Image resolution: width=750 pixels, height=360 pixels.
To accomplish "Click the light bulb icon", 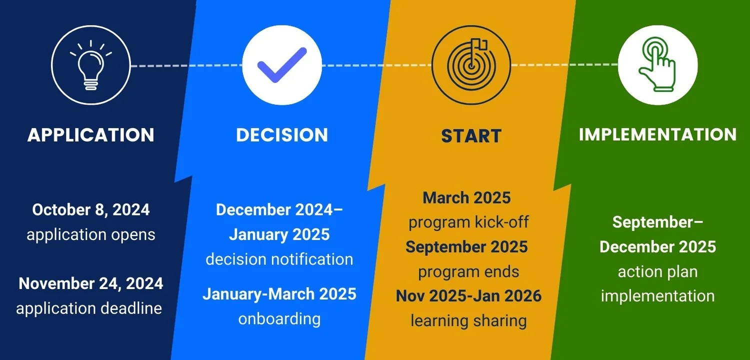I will (x=90, y=65).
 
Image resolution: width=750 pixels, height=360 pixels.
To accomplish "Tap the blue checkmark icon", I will (x=281, y=65).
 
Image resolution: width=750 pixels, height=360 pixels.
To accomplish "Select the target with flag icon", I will (x=471, y=65).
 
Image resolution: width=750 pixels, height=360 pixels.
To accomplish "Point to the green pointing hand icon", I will (x=657, y=65).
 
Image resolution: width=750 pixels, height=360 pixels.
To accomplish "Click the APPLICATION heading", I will (x=91, y=135).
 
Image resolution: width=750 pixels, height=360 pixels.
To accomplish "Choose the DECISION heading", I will (x=282, y=135).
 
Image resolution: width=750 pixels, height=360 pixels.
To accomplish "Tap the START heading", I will (x=471, y=136).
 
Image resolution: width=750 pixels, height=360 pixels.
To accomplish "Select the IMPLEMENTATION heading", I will (x=657, y=134).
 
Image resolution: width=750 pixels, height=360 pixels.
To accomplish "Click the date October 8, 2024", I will (x=91, y=210).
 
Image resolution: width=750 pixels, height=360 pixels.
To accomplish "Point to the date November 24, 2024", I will (x=91, y=283).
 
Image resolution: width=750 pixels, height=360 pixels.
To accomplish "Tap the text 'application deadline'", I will (x=89, y=308).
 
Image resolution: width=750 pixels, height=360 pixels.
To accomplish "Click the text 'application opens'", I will (x=91, y=234).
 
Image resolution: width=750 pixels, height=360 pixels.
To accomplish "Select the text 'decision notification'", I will (x=279, y=259).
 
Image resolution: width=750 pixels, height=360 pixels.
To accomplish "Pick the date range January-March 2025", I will (x=279, y=293).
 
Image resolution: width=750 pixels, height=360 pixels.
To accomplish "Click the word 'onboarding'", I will (x=279, y=318).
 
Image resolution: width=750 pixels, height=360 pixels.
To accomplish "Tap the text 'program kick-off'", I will (x=468, y=222).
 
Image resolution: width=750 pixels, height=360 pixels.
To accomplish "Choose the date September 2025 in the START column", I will (x=467, y=246).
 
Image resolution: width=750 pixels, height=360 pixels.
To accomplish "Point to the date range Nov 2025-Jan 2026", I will (x=468, y=296).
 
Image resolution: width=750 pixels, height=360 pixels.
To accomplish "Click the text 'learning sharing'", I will (x=468, y=320).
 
